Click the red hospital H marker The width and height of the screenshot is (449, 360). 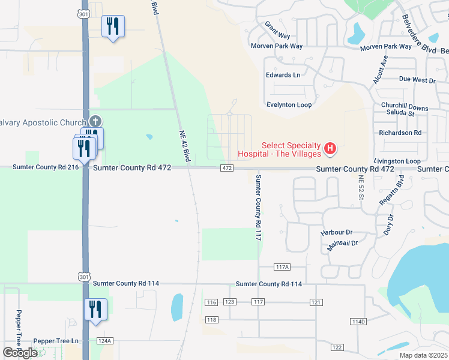pyautogui.click(x=330, y=148)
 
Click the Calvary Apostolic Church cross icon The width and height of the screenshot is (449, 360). pyautogui.click(x=96, y=122)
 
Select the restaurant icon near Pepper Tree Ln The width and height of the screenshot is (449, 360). pyautogui.click(x=95, y=310)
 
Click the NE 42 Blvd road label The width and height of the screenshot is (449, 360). pyautogui.click(x=185, y=146)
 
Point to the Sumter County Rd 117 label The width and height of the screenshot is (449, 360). pyautogui.click(x=259, y=208)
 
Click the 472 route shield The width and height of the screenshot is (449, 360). pyautogui.click(x=226, y=169)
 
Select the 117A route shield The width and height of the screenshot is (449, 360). pyautogui.click(x=282, y=266)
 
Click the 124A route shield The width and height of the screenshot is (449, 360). pyautogui.click(x=104, y=341)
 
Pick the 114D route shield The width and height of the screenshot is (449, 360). pyautogui.click(x=358, y=322)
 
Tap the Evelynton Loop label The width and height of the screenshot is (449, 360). pyautogui.click(x=289, y=104)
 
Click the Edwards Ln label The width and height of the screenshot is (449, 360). pyautogui.click(x=283, y=75)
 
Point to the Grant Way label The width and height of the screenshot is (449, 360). pyautogui.click(x=277, y=31)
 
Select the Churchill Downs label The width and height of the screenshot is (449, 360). pyautogui.click(x=405, y=106)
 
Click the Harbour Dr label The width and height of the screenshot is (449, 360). pyautogui.click(x=336, y=232)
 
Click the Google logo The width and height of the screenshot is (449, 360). pyautogui.click(x=20, y=353)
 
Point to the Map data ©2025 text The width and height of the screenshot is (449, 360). pyautogui.click(x=423, y=355)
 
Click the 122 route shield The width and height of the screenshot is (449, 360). pyautogui.click(x=337, y=347)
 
